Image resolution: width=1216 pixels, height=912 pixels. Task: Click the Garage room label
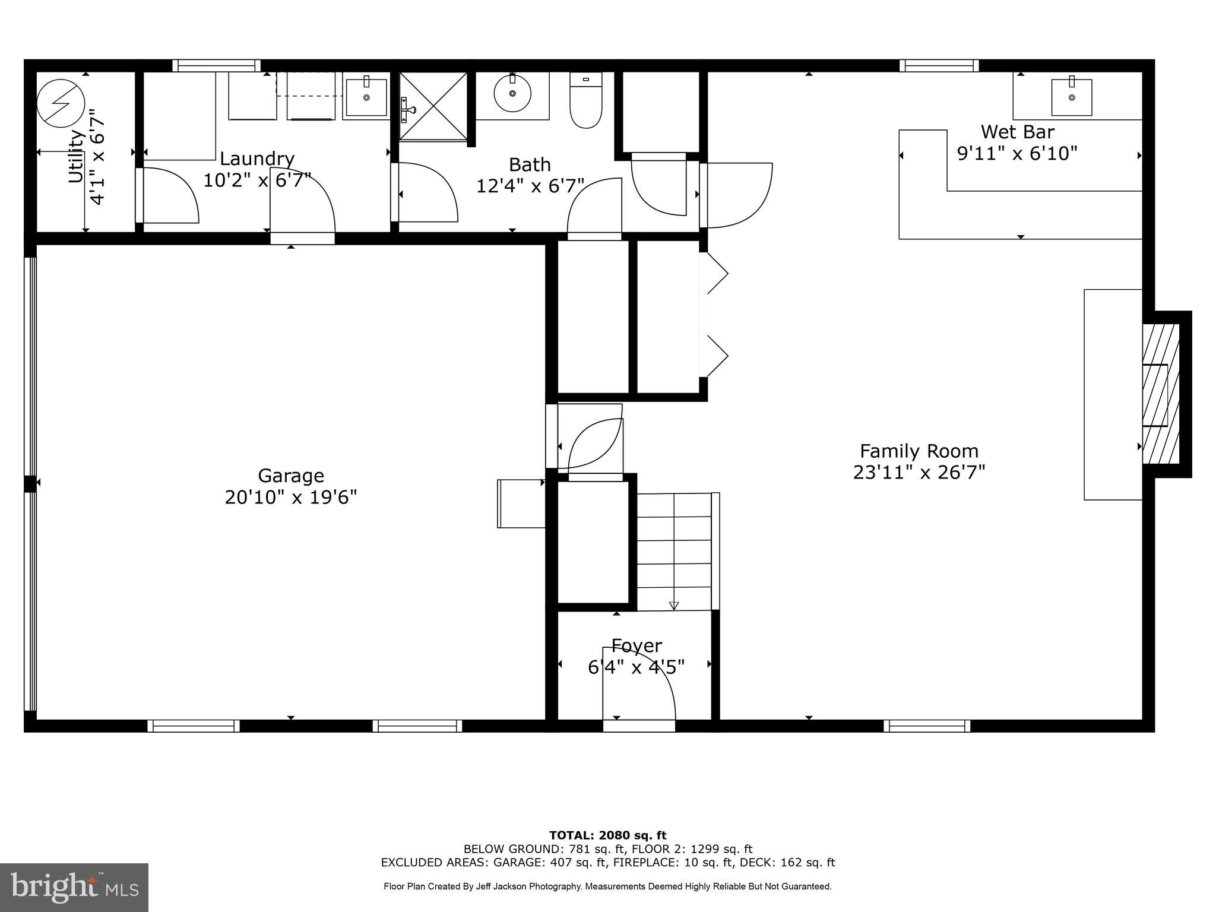(290, 476)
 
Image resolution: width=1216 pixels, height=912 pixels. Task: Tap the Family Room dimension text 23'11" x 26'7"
(919, 473)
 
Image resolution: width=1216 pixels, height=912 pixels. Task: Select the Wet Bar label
(1017, 131)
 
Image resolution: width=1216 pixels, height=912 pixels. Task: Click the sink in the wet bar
(1071, 97)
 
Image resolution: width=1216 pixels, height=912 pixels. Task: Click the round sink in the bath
(512, 94)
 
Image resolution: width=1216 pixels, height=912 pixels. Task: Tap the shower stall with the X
(433, 106)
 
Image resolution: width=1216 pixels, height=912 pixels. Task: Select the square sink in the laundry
(366, 96)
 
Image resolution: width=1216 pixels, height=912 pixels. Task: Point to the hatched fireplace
(1161, 394)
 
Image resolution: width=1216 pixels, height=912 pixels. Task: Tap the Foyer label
(636, 645)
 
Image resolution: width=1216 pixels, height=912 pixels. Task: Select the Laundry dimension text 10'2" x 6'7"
(257, 179)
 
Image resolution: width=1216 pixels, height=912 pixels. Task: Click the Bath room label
(530, 164)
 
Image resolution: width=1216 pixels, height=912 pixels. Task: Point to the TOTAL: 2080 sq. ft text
(607, 835)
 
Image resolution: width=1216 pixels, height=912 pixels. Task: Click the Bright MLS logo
(74, 887)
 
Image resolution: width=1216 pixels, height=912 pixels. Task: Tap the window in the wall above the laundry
(216, 65)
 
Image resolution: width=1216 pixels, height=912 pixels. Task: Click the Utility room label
(76, 157)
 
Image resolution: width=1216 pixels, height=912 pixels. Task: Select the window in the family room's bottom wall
(926, 726)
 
